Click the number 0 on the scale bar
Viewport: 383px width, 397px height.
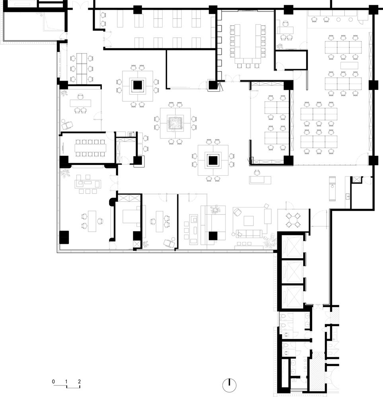click(x=53, y=382)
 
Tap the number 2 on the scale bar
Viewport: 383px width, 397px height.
click(x=79, y=382)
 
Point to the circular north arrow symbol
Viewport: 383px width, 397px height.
click(x=229, y=385)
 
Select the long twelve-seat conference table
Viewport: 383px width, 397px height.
click(x=91, y=148)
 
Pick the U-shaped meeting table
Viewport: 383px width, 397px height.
click(x=248, y=44)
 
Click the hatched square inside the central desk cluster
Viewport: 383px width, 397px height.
click(x=175, y=123)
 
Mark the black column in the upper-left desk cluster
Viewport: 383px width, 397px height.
click(x=138, y=85)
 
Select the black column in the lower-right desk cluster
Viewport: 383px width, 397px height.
click(x=213, y=160)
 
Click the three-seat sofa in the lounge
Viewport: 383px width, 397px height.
click(x=249, y=234)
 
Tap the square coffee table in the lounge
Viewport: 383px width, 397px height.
click(x=249, y=221)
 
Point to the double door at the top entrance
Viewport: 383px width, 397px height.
click(x=80, y=5)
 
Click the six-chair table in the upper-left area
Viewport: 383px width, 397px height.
click(x=82, y=68)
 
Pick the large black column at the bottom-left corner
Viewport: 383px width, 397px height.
click(x=64, y=237)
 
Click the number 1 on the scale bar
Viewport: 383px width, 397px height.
click(x=66, y=382)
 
